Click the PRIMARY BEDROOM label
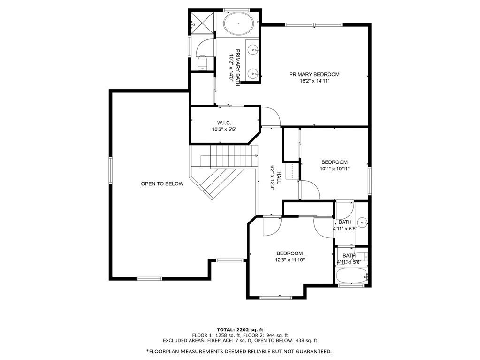click(x=314, y=74)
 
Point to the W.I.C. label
click(x=224, y=123)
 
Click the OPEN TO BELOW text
click(x=162, y=184)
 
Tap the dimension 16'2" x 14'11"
click(x=314, y=81)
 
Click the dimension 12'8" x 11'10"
click(x=290, y=260)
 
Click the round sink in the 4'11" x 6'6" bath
click(x=362, y=222)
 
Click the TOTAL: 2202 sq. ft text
click(x=240, y=329)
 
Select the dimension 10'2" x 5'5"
click(x=224, y=129)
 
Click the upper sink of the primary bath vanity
click(x=253, y=48)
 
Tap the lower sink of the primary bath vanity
click(x=253, y=73)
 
